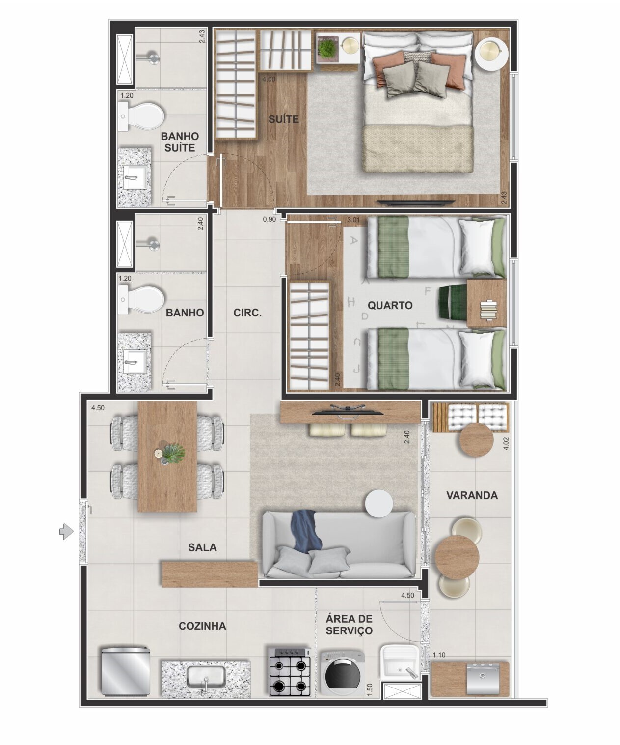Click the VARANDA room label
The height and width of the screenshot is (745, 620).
click(x=471, y=495)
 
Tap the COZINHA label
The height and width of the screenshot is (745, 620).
click(x=202, y=626)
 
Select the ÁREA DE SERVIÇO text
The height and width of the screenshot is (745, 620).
click(x=349, y=625)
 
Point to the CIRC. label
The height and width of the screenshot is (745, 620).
click(x=247, y=313)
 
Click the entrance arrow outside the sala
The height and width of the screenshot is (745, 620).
click(x=65, y=531)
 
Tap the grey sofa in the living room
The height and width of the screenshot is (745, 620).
click(x=339, y=544)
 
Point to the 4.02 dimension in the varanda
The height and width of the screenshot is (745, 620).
click(x=506, y=444)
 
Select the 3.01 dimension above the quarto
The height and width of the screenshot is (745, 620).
click(x=353, y=220)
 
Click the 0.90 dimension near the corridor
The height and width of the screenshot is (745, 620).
click(x=269, y=220)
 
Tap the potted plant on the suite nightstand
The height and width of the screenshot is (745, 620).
click(x=326, y=48)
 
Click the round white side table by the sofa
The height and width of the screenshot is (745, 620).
click(x=378, y=504)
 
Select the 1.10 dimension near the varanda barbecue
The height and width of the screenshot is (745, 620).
click(x=439, y=655)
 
